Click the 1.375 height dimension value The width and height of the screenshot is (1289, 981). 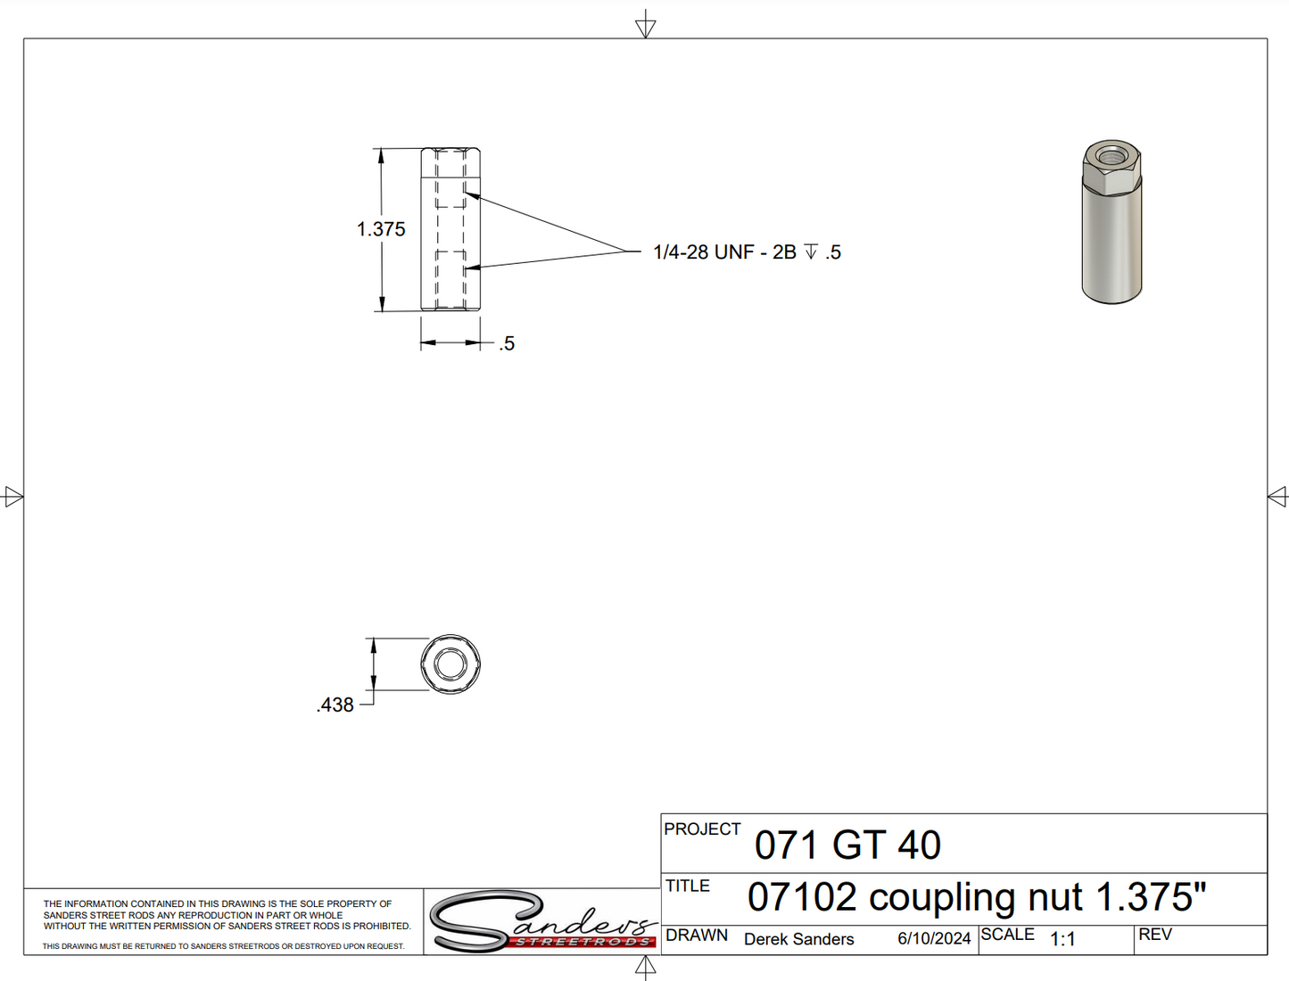pyautogui.click(x=381, y=229)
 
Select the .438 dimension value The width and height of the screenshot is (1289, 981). pyautogui.click(x=335, y=705)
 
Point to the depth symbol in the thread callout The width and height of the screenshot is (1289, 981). pyautogui.click(x=811, y=251)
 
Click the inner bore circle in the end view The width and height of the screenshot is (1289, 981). pyautogui.click(x=450, y=664)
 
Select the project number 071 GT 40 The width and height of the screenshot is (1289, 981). pyautogui.click(x=847, y=845)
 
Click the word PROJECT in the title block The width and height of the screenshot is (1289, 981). pyautogui.click(x=702, y=829)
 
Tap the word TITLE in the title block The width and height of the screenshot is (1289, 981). pyautogui.click(x=688, y=886)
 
